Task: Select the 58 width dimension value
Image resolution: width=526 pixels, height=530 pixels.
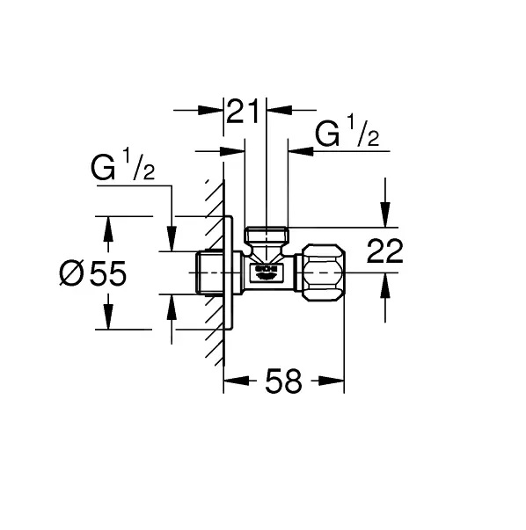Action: pyautogui.click(x=282, y=381)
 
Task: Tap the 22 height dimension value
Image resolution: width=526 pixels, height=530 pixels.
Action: pyautogui.click(x=384, y=251)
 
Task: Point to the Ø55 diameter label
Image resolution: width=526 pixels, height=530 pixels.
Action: pyautogui.click(x=92, y=274)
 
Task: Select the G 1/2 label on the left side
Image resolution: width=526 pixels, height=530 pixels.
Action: pyautogui.click(x=122, y=169)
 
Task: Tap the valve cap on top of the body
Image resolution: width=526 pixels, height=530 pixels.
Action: pyautogui.click(x=267, y=236)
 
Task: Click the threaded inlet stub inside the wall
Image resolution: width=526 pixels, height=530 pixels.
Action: pyautogui.click(x=209, y=273)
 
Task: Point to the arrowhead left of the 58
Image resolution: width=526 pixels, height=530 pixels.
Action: pyautogui.click(x=235, y=381)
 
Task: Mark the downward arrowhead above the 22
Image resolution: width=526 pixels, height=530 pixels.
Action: pyautogui.click(x=383, y=216)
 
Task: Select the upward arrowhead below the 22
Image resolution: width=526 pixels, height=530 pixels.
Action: pyautogui.click(x=383, y=284)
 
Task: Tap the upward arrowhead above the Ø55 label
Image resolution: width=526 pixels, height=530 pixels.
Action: pyautogui.click(x=108, y=229)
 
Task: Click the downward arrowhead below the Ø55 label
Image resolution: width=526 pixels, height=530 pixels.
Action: pyautogui.click(x=108, y=318)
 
